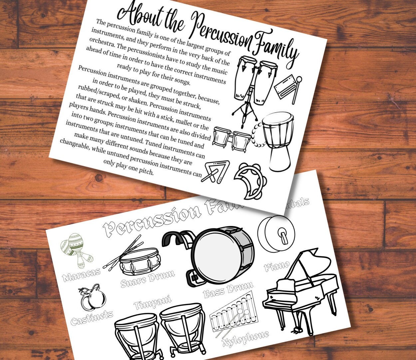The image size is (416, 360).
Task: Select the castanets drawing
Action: click(x=92, y=297)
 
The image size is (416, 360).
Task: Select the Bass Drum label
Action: click(x=228, y=289)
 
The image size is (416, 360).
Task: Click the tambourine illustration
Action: click(x=248, y=180)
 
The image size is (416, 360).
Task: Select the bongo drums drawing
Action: click(x=231, y=139)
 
